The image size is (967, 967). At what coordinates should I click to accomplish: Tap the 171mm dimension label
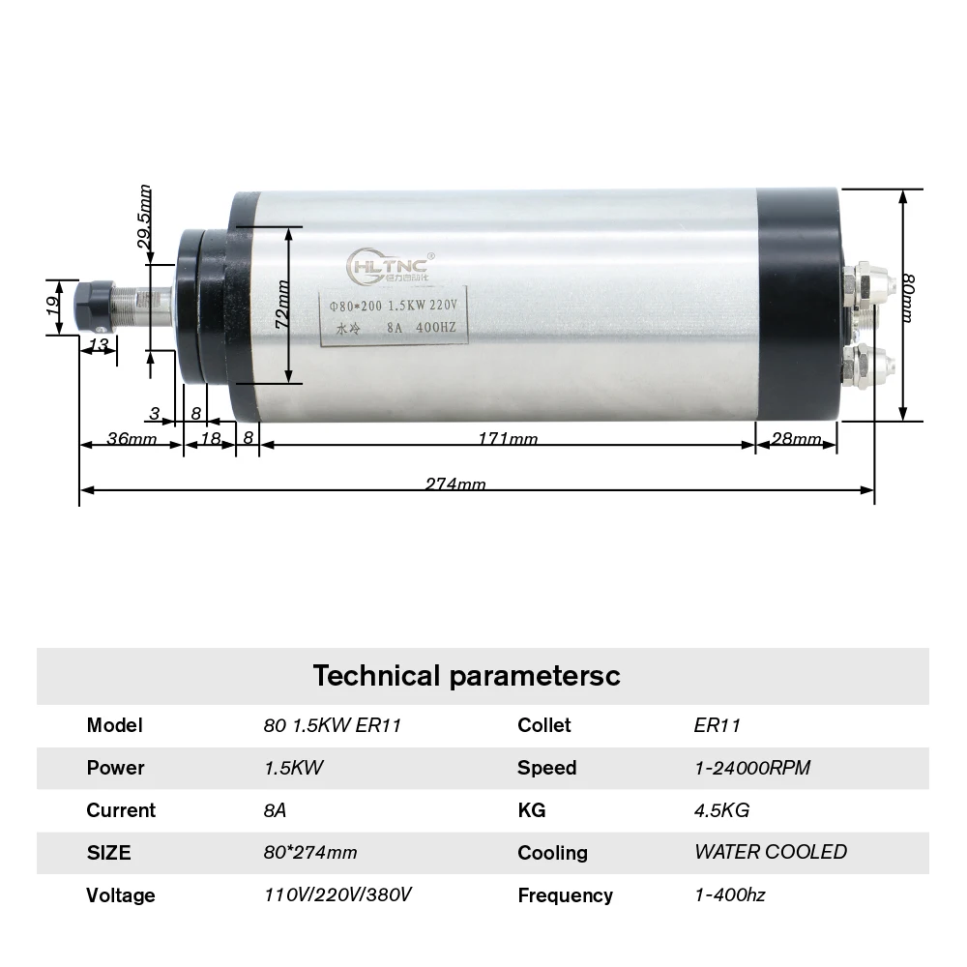pyautogui.click(x=509, y=440)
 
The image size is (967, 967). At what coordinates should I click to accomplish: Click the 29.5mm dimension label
pyautogui.click(x=146, y=219)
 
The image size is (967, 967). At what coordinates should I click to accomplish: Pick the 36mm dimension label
pyautogui.click(x=131, y=440)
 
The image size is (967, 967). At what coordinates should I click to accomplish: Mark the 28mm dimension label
pyautogui.click(x=796, y=440)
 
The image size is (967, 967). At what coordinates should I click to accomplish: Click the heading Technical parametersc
pyautogui.click(x=465, y=675)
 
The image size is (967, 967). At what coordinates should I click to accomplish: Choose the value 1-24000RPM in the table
pyautogui.click(x=752, y=768)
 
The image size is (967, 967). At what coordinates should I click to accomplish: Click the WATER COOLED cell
pyautogui.click(x=770, y=852)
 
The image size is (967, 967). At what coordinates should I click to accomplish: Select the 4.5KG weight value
pyautogui.click(x=721, y=810)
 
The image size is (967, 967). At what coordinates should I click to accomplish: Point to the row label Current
pyautogui.click(x=121, y=810)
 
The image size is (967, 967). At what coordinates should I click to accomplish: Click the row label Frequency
pyautogui.click(x=565, y=895)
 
